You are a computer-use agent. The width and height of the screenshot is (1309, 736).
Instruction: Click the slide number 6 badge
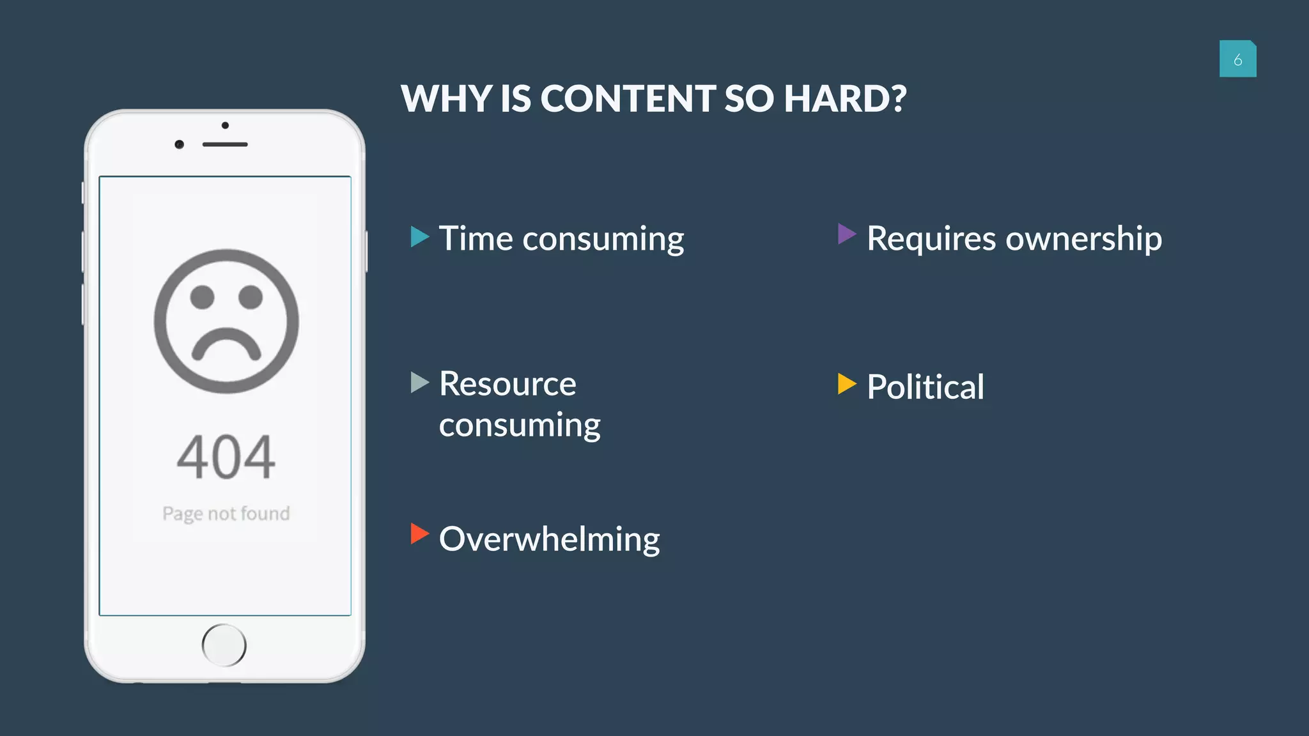[1237, 59]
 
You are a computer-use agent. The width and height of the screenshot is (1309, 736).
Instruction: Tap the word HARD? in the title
[845, 99]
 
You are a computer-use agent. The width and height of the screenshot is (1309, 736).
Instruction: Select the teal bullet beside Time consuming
[419, 236]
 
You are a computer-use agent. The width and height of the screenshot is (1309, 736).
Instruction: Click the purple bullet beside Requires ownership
[846, 234]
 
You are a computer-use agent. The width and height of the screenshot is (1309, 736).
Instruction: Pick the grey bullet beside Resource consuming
[419, 383]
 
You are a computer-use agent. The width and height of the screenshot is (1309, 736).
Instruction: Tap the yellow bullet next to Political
[846, 384]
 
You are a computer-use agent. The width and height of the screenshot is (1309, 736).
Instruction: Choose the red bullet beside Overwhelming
[419, 533]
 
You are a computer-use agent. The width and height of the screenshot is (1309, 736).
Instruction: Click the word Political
[925, 387]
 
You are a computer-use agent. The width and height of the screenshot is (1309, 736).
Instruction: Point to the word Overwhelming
[549, 539]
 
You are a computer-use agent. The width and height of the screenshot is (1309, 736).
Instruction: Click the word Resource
[507, 384]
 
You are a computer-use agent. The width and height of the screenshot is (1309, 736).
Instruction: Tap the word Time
[476, 239]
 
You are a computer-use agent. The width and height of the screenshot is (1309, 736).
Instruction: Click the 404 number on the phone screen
[226, 457]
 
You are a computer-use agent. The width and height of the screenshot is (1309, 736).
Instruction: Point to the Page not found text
[226, 514]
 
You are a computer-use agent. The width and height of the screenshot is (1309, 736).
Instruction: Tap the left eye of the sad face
[202, 297]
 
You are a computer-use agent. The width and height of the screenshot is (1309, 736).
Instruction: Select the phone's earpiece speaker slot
[225, 144]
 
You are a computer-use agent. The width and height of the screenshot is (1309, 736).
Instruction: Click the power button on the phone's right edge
[366, 251]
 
